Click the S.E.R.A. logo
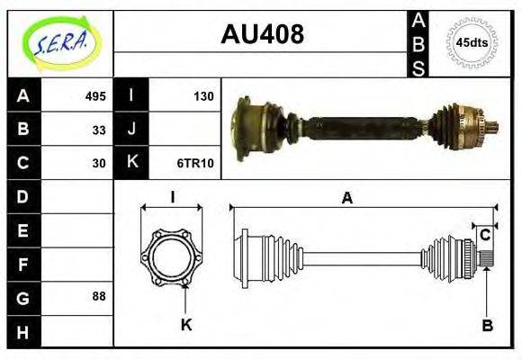click(x=59, y=42)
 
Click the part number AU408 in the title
click(x=262, y=35)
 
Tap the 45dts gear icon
click(x=472, y=42)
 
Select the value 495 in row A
click(x=95, y=96)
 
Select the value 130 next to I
click(x=203, y=96)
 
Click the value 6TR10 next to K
click(x=195, y=164)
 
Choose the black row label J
click(x=131, y=130)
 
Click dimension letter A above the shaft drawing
click(x=346, y=199)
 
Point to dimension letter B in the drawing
click(x=487, y=326)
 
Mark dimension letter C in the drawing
click(x=485, y=235)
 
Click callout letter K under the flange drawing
click(x=186, y=325)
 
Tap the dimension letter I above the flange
click(x=172, y=196)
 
